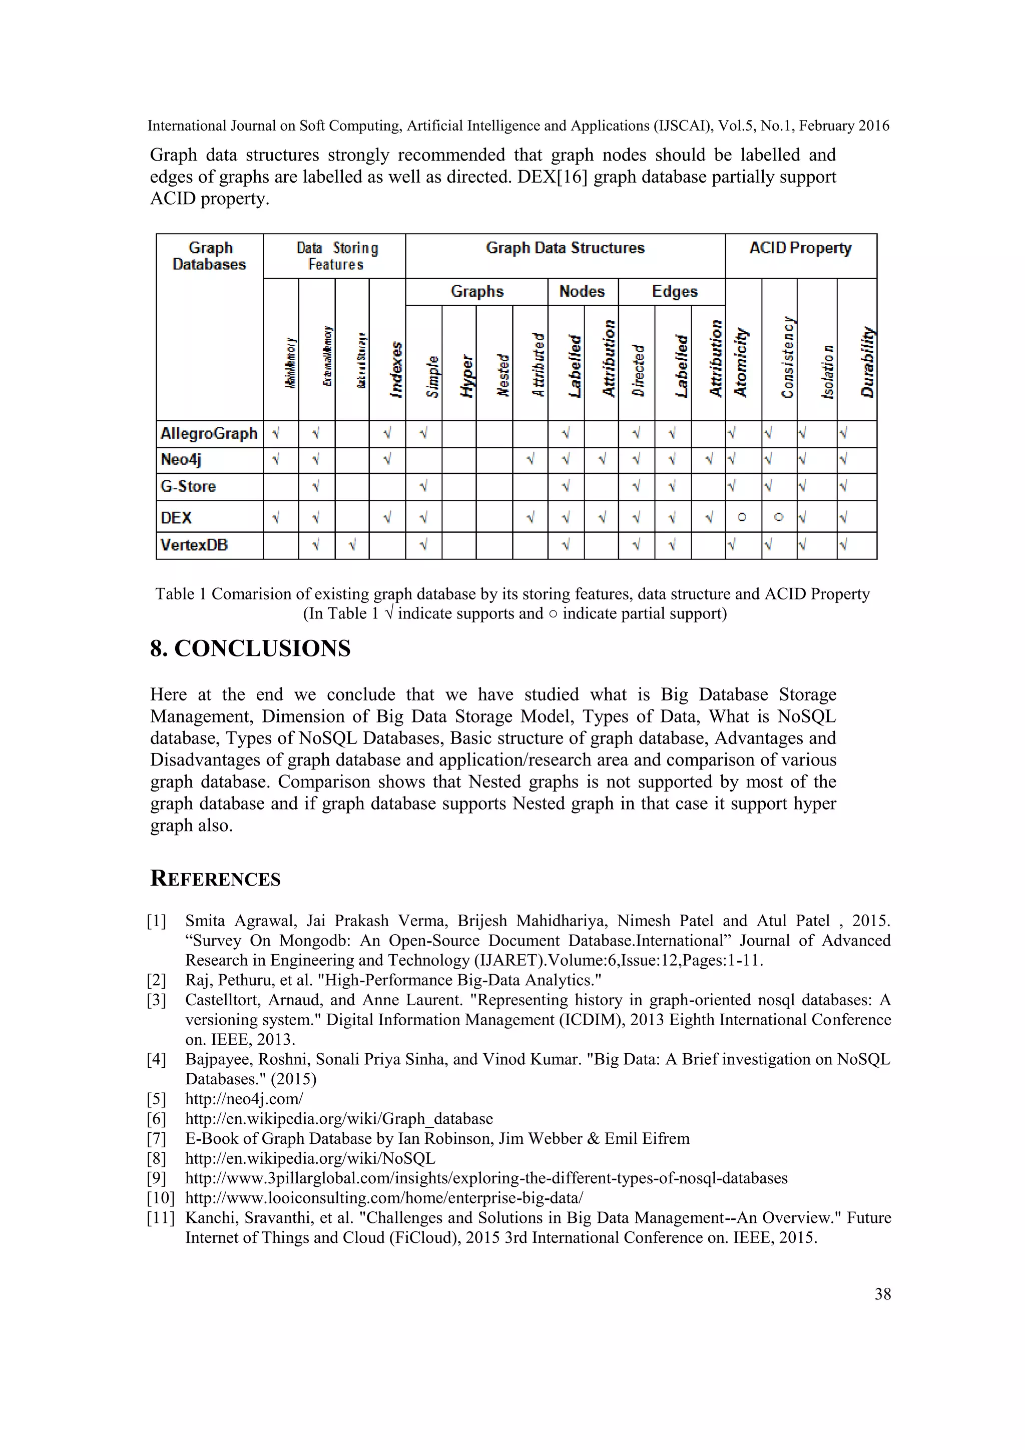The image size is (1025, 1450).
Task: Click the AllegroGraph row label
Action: (x=209, y=434)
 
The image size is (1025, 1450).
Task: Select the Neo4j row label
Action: (x=181, y=460)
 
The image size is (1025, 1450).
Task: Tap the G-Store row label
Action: (x=188, y=487)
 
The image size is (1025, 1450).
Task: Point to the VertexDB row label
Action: (x=194, y=545)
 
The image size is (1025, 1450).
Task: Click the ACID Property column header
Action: (x=800, y=248)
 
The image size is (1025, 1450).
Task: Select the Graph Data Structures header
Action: (x=565, y=248)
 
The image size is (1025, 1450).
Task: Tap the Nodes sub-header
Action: (x=582, y=292)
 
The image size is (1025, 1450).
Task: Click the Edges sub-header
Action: (x=675, y=292)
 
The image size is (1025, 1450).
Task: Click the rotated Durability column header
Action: (x=868, y=362)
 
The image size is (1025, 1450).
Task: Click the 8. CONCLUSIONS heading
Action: (x=250, y=648)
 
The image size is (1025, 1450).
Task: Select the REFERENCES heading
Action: (x=215, y=879)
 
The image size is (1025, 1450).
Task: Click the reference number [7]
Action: (x=157, y=1139)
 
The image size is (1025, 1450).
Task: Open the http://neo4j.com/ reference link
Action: (x=244, y=1099)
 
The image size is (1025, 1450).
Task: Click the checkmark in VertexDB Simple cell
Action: (x=423, y=545)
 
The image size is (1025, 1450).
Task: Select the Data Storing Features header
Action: (x=337, y=256)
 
